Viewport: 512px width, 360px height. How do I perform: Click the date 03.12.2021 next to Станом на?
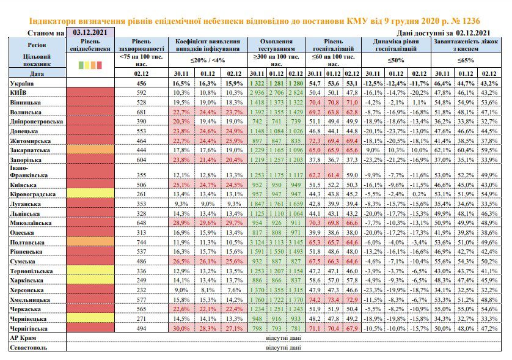click(90, 32)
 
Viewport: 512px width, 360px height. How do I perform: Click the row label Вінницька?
click(25, 103)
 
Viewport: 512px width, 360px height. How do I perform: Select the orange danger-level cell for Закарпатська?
click(90, 150)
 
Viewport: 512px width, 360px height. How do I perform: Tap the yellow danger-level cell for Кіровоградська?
click(90, 194)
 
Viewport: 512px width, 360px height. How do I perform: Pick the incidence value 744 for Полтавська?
click(141, 243)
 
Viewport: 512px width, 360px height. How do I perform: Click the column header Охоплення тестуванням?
click(277, 45)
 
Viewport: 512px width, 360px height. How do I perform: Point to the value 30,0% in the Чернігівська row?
click(181, 328)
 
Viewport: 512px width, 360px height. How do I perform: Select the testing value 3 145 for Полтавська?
click(296, 243)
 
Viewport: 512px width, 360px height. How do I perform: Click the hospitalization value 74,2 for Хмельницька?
click(315, 299)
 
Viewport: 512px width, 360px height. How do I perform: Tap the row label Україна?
click(22, 84)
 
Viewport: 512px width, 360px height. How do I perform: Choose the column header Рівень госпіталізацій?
click(334, 45)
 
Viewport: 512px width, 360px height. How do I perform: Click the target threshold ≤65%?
click(466, 61)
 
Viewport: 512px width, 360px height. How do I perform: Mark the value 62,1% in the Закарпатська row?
click(442, 150)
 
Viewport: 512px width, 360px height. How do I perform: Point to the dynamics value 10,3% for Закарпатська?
click(396, 150)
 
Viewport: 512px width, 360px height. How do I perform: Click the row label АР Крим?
click(23, 338)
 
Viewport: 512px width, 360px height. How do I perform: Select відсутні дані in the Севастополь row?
click(283, 348)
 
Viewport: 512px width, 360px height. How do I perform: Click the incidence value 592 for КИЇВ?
click(141, 93)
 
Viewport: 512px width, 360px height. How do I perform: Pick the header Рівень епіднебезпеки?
click(90, 45)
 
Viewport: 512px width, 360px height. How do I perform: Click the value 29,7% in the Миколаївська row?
click(234, 223)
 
